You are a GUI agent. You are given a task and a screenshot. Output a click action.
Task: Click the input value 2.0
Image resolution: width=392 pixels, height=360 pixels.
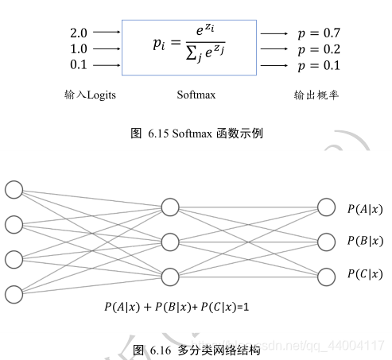tap(79, 33)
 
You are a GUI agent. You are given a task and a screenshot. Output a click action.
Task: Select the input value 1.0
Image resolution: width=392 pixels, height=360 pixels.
tap(79, 49)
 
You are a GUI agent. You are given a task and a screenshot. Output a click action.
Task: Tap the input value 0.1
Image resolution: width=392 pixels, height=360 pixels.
tap(79, 66)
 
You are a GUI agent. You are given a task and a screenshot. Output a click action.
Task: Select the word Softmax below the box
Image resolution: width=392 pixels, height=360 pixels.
tap(195, 95)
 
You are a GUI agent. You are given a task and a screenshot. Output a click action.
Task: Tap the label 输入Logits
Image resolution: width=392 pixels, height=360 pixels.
tap(90, 95)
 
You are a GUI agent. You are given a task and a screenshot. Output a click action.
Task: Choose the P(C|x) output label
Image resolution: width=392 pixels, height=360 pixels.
tap(365, 275)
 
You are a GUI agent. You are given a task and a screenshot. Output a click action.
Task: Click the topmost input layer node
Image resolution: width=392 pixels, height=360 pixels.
tap(14, 189)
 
